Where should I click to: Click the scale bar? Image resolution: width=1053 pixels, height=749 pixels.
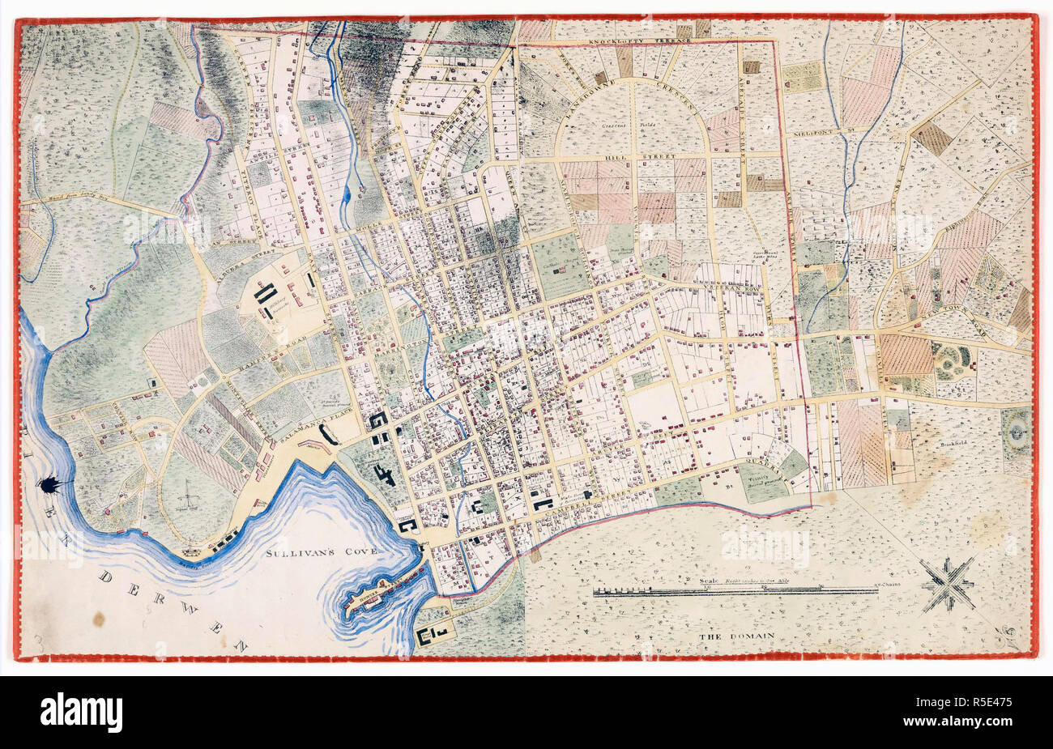click(x=735, y=591)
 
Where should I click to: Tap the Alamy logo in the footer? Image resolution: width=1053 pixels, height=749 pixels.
click(x=81, y=713)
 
